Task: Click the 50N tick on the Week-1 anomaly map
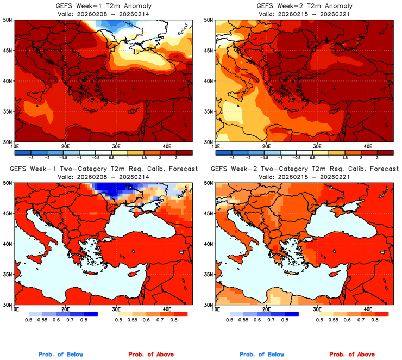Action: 8,20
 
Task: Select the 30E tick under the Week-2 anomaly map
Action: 317,146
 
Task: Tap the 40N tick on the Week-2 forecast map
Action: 208,244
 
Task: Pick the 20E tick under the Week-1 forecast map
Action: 65,309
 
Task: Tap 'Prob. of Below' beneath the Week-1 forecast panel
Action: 61,355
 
